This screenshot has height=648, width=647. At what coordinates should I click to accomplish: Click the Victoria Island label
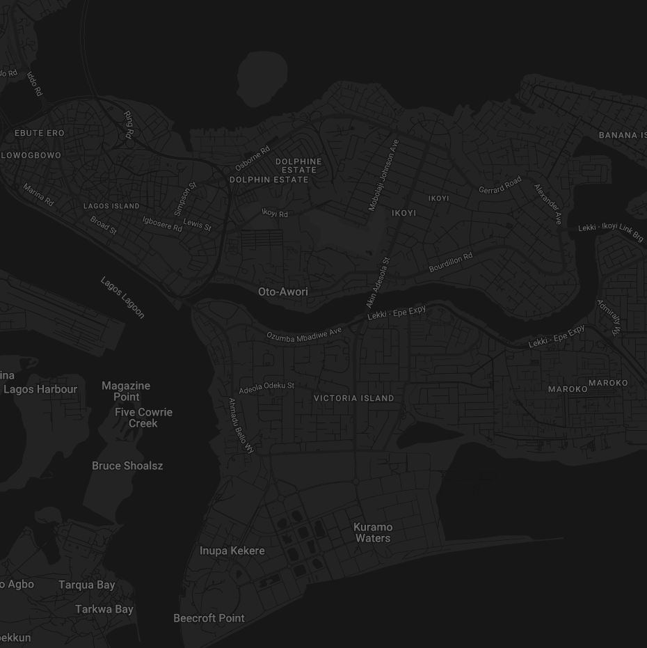(x=354, y=398)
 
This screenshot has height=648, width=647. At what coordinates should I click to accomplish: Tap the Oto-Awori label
(x=283, y=292)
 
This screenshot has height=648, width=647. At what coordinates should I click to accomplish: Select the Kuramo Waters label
(x=373, y=532)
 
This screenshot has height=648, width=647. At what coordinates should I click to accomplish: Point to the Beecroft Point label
(x=209, y=618)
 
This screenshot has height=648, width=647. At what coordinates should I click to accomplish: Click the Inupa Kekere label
(x=232, y=551)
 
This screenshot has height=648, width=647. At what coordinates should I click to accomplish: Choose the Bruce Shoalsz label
(x=127, y=466)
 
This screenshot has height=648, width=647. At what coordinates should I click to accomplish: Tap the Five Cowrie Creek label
(x=143, y=418)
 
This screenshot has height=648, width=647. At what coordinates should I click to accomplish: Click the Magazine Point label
(x=126, y=391)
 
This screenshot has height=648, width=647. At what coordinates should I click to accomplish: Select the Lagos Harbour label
(x=40, y=389)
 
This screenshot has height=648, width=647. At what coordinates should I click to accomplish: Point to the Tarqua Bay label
(x=87, y=585)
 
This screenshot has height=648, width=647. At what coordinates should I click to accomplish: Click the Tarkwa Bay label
(x=104, y=609)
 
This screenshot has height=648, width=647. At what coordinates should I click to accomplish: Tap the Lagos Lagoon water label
(x=122, y=298)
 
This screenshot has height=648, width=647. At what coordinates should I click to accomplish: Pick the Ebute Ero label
(x=40, y=132)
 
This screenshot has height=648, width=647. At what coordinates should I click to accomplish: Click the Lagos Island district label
(x=111, y=206)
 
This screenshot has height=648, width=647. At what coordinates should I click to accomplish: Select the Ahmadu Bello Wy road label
(x=241, y=425)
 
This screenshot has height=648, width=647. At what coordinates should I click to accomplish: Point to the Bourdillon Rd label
(x=451, y=262)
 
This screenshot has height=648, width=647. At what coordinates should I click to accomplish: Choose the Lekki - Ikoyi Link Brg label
(x=611, y=232)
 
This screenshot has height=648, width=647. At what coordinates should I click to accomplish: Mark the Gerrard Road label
(x=500, y=185)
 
